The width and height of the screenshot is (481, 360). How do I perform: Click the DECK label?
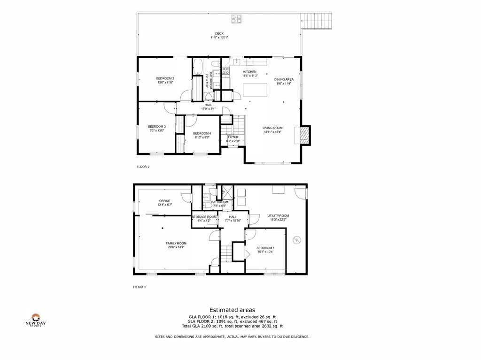[x=219, y=34]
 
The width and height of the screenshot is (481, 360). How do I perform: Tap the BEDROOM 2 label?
[x=165, y=78]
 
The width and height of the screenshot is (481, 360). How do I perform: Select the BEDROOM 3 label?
[x=157, y=126]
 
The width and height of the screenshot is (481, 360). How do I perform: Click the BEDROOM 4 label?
[x=202, y=133]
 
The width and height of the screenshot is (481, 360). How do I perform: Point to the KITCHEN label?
[x=249, y=72]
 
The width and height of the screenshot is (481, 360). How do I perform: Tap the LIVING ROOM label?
[x=272, y=128]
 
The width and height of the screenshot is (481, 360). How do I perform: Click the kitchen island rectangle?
[x=255, y=90]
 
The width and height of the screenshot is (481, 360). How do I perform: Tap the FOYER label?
[x=233, y=137]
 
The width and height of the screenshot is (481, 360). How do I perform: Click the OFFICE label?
[x=164, y=201]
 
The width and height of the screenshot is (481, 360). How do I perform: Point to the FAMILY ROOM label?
[x=176, y=243]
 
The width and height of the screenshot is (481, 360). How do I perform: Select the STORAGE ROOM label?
[x=204, y=217]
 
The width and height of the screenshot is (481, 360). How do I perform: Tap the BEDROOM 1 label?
[x=265, y=248]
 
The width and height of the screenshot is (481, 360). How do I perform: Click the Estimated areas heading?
[x=232, y=310]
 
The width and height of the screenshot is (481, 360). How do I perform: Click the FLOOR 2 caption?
[x=143, y=167]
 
